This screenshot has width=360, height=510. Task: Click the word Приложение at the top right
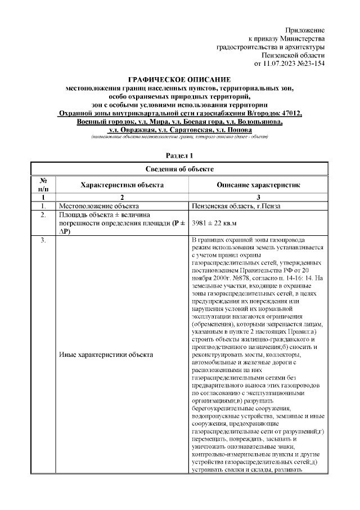click(x=305, y=29)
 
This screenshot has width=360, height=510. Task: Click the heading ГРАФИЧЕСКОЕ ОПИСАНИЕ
click(x=179, y=80)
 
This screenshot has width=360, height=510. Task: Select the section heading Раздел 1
click(x=179, y=155)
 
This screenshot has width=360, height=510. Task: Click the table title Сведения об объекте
click(x=179, y=169)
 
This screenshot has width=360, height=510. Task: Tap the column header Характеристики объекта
click(x=122, y=185)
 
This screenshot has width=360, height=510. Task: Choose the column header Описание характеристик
click(x=258, y=185)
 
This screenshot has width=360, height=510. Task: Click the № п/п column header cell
click(x=43, y=185)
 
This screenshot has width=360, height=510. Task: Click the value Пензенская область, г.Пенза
click(x=236, y=206)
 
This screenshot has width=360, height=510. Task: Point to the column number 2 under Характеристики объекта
click(x=122, y=198)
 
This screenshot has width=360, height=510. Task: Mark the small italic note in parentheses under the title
click(x=179, y=137)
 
